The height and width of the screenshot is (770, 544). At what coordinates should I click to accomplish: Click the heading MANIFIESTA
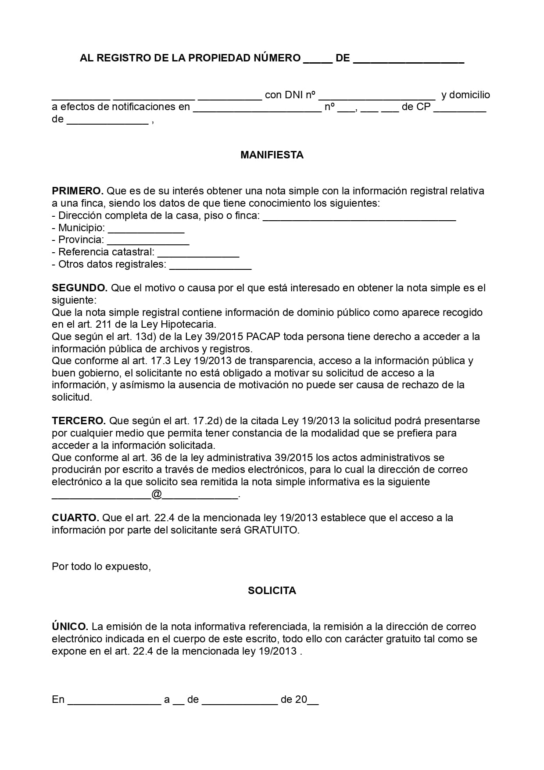(272, 155)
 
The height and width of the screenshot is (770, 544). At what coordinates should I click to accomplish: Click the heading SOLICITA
(272, 591)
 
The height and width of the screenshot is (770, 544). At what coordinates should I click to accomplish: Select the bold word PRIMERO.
(77, 191)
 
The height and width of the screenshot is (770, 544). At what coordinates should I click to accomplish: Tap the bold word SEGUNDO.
(79, 288)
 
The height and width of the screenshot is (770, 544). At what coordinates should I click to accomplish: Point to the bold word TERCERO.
(79, 421)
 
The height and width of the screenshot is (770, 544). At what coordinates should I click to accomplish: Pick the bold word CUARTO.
(75, 518)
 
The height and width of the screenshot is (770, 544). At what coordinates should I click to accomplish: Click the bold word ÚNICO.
(70, 627)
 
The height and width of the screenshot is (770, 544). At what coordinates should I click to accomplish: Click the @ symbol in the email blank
(157, 494)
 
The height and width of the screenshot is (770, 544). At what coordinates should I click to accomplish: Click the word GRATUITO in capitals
(271, 530)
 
